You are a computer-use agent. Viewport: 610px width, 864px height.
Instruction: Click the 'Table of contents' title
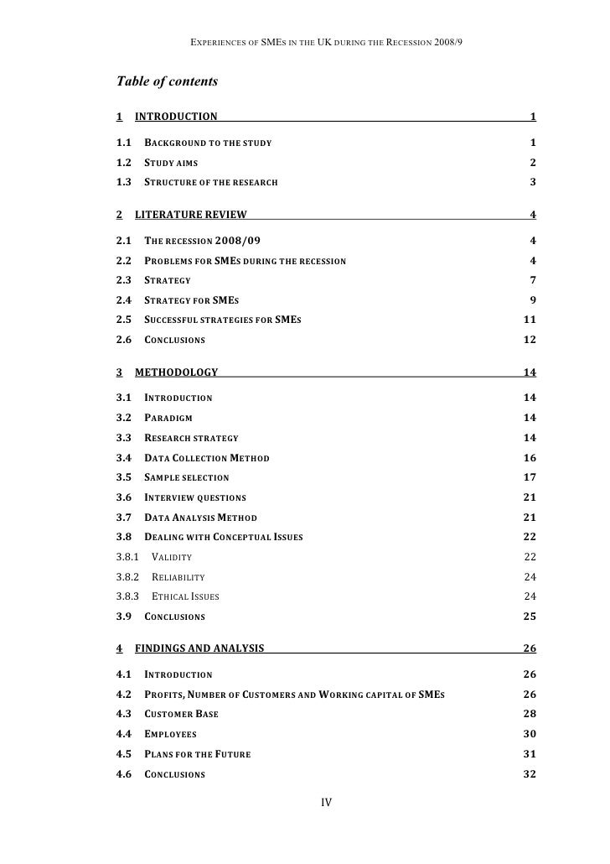[167, 81]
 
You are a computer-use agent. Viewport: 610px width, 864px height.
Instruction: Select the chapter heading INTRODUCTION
[176, 117]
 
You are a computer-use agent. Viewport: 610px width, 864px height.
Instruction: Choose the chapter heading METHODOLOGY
[176, 372]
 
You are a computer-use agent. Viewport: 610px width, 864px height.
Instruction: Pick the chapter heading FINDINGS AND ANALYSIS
[199, 648]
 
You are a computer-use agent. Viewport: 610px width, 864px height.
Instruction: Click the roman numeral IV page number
[327, 803]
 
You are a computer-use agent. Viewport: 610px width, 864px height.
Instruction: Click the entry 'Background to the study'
[208, 143]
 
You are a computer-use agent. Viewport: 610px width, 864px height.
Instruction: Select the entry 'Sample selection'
[187, 477]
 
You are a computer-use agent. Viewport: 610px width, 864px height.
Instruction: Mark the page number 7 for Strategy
[533, 279]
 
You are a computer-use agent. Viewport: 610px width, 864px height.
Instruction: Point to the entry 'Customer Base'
[182, 714]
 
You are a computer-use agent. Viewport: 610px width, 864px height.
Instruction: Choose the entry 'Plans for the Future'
[197, 754]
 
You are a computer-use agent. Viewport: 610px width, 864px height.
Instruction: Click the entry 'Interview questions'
[195, 497]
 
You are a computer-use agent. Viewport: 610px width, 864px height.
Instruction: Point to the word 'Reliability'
[178, 577]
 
